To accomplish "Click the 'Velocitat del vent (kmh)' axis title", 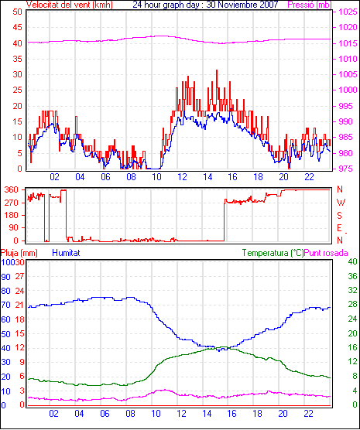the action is (x=69, y=5).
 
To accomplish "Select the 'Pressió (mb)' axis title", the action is (x=310, y=5).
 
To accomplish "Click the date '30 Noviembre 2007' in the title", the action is (x=242, y=4).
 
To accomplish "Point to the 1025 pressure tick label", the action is (x=348, y=12).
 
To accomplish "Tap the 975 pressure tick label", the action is (x=346, y=169).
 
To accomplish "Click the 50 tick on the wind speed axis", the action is (x=17, y=12).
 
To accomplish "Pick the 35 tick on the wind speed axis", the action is (x=17, y=59).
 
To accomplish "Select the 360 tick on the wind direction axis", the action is (x=12, y=189).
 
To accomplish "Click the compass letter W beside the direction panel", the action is (x=341, y=203).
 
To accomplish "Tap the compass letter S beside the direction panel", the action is (x=339, y=216).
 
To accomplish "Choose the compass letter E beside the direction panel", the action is (x=339, y=228).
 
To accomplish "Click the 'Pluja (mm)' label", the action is (x=19, y=253).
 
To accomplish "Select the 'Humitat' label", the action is (x=66, y=253).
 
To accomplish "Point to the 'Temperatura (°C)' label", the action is (x=273, y=253).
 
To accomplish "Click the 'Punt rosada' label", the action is (x=326, y=253).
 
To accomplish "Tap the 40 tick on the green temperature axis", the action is (x=352, y=261).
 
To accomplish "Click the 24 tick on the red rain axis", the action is (x=20, y=291).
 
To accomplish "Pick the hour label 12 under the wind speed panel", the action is (x=182, y=177).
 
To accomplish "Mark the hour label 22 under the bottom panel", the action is (x=308, y=413).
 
